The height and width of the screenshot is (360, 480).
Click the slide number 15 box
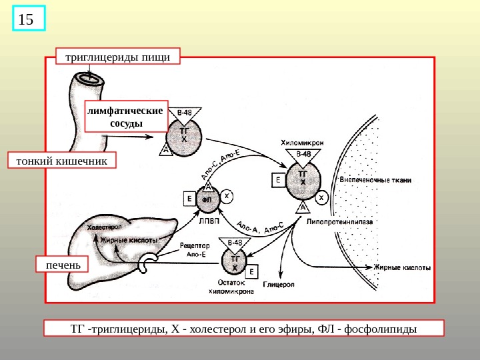coord(27,19)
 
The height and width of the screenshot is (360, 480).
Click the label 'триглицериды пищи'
coord(118,57)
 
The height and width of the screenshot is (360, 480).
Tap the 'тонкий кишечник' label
coord(61,161)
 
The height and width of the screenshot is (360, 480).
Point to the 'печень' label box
coord(63,265)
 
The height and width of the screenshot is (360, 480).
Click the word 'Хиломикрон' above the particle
coord(303,143)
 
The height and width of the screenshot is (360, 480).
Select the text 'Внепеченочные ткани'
coord(375,180)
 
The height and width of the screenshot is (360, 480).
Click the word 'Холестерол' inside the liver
coord(106,228)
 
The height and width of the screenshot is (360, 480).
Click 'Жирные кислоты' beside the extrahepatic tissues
coord(402,267)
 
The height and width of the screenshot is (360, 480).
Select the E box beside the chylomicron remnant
coord(253,272)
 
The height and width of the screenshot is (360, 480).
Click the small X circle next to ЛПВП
coord(227,196)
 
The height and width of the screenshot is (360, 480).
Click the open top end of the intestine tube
coord(89,79)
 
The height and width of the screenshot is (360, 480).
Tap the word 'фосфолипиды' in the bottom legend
coord(377,329)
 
